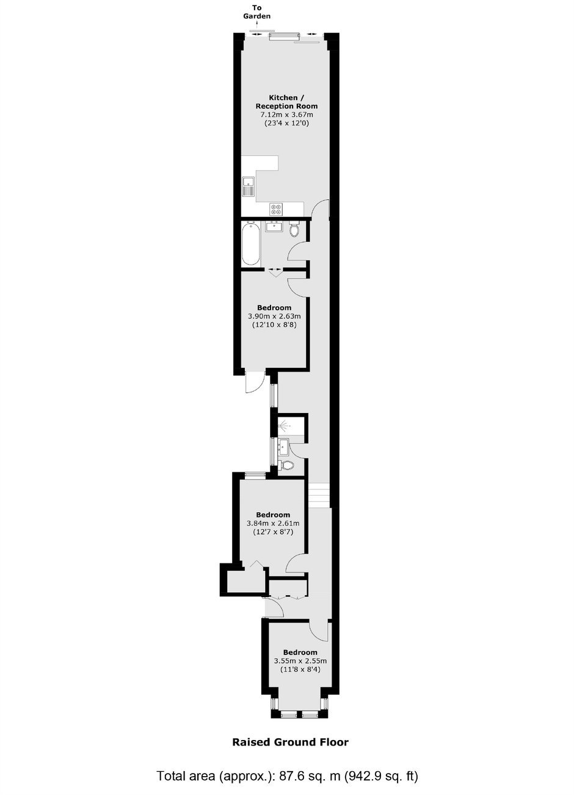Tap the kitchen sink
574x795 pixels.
pos(248,187)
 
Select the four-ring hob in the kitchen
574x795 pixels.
pos(276,209)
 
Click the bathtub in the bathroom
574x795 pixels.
pos(250,244)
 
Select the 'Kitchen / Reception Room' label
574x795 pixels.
pos(286,102)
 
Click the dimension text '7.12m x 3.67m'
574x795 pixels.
pos(286,115)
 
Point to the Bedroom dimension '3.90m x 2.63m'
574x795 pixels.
pos(274,316)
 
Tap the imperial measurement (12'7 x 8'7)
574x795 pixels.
pos(272,532)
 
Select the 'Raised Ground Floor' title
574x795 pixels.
pos(290,742)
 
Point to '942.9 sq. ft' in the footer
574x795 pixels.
pos(379,777)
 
